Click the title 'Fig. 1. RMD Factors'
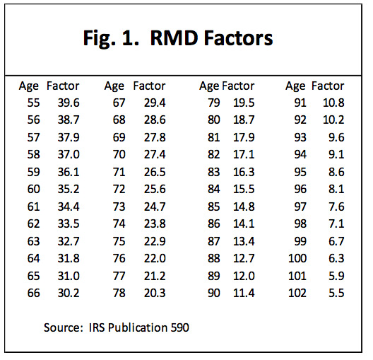pyautogui.click(x=186, y=37)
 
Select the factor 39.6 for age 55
pyautogui.click(x=62, y=103)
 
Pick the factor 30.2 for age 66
pyautogui.click(x=62, y=292)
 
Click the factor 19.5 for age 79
pyautogui.click(x=244, y=103)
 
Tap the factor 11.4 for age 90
pyautogui.click(x=244, y=292)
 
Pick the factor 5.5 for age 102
pyautogui.click(x=336, y=292)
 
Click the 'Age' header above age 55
pyautogui.click(x=29, y=86)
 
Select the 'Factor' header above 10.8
pyautogui.click(x=328, y=86)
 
